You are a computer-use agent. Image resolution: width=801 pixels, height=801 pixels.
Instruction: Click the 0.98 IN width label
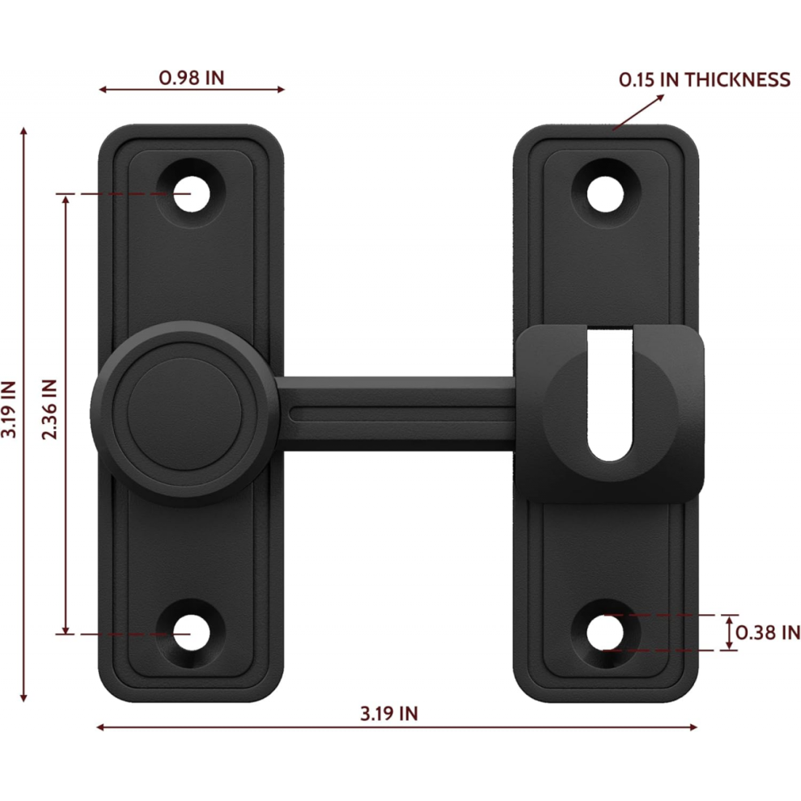pyautogui.click(x=192, y=78)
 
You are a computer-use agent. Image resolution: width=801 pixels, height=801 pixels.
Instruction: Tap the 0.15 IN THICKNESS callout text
pyautogui.click(x=705, y=79)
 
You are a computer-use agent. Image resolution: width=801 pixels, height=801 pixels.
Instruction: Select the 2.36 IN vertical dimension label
pyautogui.click(x=49, y=409)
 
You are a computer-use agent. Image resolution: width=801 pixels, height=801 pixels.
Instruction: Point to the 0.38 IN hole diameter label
pyautogui.click(x=768, y=633)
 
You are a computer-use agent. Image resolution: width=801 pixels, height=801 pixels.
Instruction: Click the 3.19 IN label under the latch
pyautogui.click(x=389, y=714)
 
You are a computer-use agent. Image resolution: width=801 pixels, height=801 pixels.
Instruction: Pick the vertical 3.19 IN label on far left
pyautogui.click(x=9, y=409)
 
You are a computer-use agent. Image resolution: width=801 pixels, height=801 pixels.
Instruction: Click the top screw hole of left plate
pyautogui.click(x=191, y=194)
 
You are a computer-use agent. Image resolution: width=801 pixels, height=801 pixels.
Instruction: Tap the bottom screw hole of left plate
pyautogui.click(x=191, y=633)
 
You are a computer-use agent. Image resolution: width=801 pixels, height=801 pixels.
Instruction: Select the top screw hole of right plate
pyautogui.click(x=605, y=194)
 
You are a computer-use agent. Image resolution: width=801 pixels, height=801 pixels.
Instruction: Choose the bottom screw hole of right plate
pyautogui.click(x=605, y=633)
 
